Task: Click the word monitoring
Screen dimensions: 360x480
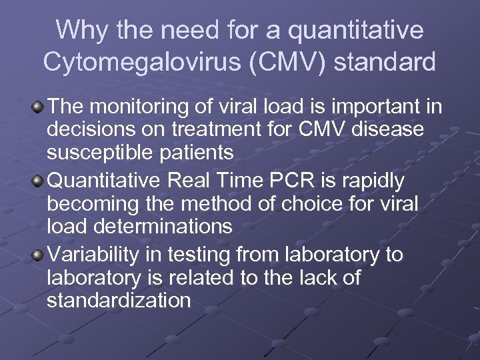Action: click(x=147, y=107)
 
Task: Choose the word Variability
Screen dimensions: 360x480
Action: click(x=90, y=255)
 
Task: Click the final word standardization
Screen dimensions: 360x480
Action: click(x=119, y=301)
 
